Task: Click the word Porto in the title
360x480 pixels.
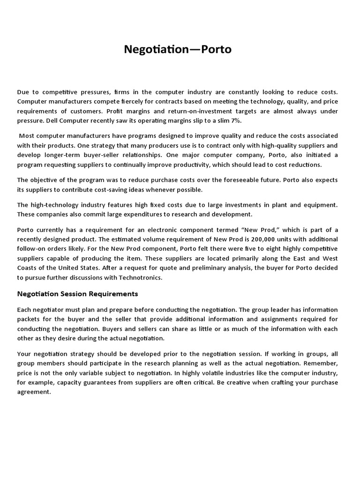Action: click(x=216, y=49)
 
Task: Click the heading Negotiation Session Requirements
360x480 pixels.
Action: click(x=77, y=294)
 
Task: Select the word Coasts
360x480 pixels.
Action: click(x=28, y=268)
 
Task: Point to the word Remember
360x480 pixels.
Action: click(x=321, y=364)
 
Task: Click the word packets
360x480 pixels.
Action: click(x=29, y=319)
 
